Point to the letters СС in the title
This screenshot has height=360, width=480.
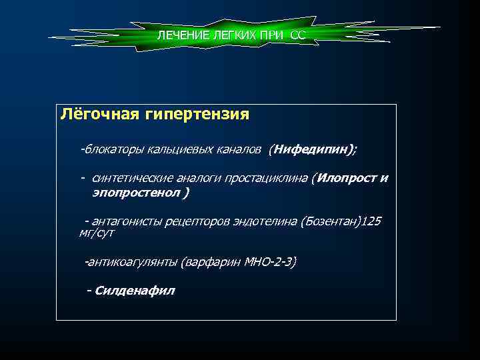click(x=297, y=35)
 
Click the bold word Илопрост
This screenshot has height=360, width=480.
click(x=345, y=178)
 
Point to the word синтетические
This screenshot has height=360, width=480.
click(x=133, y=179)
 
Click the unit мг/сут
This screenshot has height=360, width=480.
click(x=97, y=233)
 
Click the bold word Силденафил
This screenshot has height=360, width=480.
click(x=135, y=291)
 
